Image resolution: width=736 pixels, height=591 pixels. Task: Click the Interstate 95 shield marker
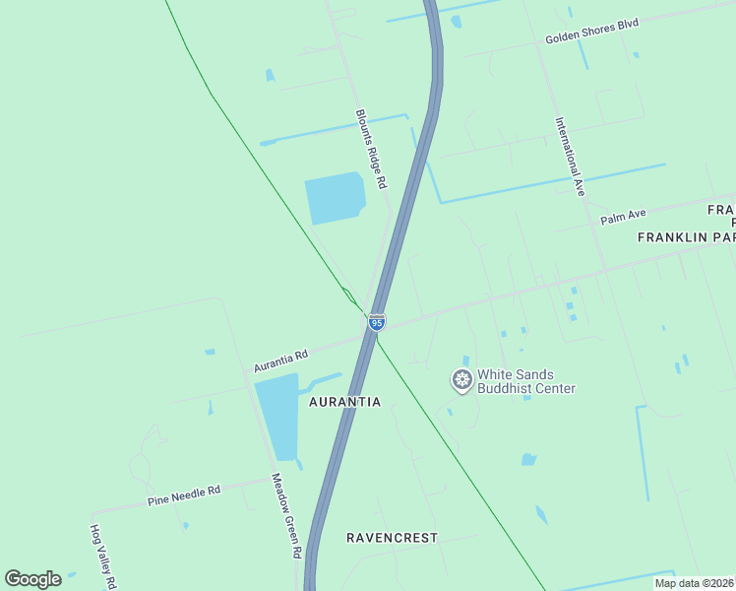[x=376, y=322]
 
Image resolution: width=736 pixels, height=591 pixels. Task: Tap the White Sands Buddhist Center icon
[x=461, y=379]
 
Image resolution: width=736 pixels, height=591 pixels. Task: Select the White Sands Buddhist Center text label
[x=525, y=381]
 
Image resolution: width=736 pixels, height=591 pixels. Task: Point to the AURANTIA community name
[x=344, y=402]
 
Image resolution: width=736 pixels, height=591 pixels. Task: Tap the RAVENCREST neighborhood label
[x=392, y=538]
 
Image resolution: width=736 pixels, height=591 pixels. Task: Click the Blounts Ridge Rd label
[x=370, y=149]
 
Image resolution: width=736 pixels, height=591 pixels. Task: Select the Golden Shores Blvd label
[x=592, y=33]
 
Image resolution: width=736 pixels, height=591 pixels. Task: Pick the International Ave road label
[x=570, y=158]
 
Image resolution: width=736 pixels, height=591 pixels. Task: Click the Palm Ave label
[x=623, y=216]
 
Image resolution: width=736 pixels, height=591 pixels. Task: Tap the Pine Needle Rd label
[x=184, y=495]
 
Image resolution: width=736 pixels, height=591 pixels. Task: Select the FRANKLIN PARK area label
[x=686, y=237]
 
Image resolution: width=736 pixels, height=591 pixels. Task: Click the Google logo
[x=32, y=579]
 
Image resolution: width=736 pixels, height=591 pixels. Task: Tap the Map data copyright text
[x=694, y=583]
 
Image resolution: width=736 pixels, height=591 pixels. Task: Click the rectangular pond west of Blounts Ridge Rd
[x=334, y=198]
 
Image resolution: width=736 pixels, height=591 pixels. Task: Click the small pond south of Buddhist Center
[x=528, y=459]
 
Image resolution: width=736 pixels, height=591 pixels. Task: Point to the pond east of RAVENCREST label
[x=541, y=515]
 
